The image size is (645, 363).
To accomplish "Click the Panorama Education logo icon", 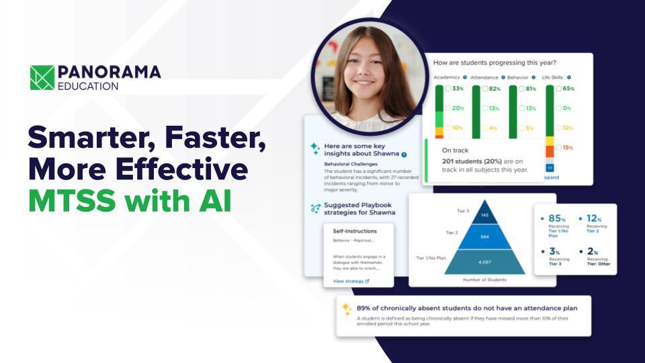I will (x=42, y=77).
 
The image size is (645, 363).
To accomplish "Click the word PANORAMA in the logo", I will (x=109, y=72).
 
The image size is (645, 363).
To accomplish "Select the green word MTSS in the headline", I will (x=67, y=200).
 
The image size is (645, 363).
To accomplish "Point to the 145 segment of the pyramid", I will (x=484, y=215).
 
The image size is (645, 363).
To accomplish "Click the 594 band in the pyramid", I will (x=484, y=236).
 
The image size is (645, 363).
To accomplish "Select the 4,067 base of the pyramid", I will (x=484, y=261).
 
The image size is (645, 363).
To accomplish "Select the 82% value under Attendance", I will (x=494, y=89).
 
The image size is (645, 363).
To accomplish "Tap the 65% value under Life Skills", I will (x=567, y=89).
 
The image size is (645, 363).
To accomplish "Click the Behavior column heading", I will (x=517, y=77).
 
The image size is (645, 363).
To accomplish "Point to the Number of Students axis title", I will (x=484, y=279).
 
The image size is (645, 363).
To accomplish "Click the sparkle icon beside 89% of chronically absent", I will (x=346, y=309).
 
